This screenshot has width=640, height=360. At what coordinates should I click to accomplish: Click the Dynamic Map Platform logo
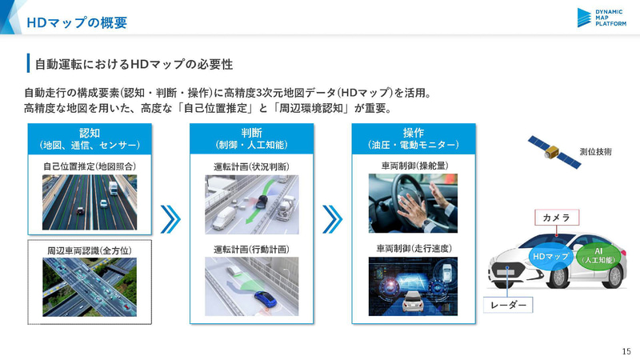pyautogui.click(x=602, y=18)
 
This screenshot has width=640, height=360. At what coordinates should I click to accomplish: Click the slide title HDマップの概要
pyautogui.click(x=77, y=22)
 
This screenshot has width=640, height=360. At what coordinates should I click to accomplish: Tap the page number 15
pyautogui.click(x=626, y=351)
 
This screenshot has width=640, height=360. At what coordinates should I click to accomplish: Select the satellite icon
pyautogui.click(x=554, y=153)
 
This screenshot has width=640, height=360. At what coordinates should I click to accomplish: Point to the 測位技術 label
pyautogui.click(x=595, y=152)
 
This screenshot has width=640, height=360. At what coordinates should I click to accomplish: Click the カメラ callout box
pyautogui.click(x=557, y=218)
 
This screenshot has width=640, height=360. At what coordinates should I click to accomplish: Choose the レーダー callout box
pyautogui.click(x=508, y=305)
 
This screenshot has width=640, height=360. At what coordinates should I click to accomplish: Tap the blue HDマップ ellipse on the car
pyautogui.click(x=550, y=256)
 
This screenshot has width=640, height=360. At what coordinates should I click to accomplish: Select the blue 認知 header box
pyautogui.click(x=90, y=138)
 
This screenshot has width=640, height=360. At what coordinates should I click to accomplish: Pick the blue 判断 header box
pyautogui.click(x=251, y=138)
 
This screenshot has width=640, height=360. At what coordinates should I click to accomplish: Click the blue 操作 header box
pyautogui.click(x=414, y=138)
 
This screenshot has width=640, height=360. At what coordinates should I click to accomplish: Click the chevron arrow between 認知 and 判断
pyautogui.click(x=170, y=219)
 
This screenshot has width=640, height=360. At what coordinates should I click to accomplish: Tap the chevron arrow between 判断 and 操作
pyautogui.click(x=333, y=219)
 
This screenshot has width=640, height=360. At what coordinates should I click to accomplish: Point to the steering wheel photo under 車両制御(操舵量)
pyautogui.click(x=413, y=203)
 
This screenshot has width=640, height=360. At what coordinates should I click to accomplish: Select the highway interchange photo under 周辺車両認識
pyautogui.click(x=90, y=287)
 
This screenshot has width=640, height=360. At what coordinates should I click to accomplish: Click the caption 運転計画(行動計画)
pyautogui.click(x=251, y=249)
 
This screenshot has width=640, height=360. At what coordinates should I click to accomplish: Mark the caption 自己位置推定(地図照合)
pyautogui.click(x=90, y=166)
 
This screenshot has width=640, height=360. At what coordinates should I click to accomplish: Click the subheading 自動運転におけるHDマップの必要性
pyautogui.click(x=134, y=64)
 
